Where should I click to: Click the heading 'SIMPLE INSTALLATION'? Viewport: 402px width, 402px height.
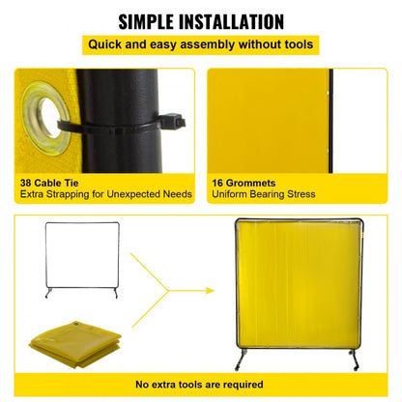[201, 20]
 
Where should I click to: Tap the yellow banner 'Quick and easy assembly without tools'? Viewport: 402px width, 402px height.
[201, 44]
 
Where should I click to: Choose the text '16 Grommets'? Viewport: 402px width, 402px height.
[242, 181]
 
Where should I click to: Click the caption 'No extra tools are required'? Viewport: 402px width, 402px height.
[201, 384]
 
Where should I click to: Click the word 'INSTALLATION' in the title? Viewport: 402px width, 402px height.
[238, 20]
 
